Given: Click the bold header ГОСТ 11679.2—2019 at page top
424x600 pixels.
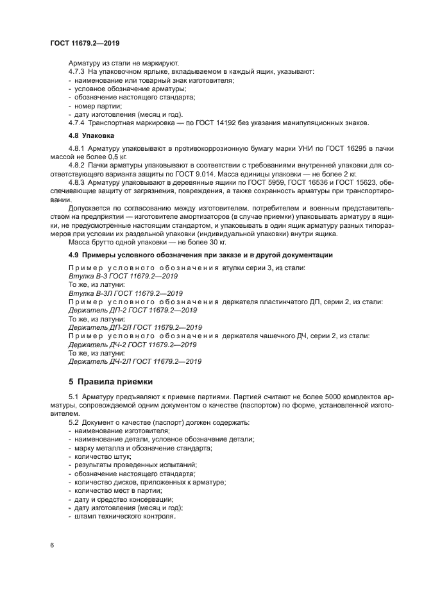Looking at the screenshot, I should click(x=85, y=44).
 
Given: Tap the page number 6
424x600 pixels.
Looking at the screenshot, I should click(x=52, y=545).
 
